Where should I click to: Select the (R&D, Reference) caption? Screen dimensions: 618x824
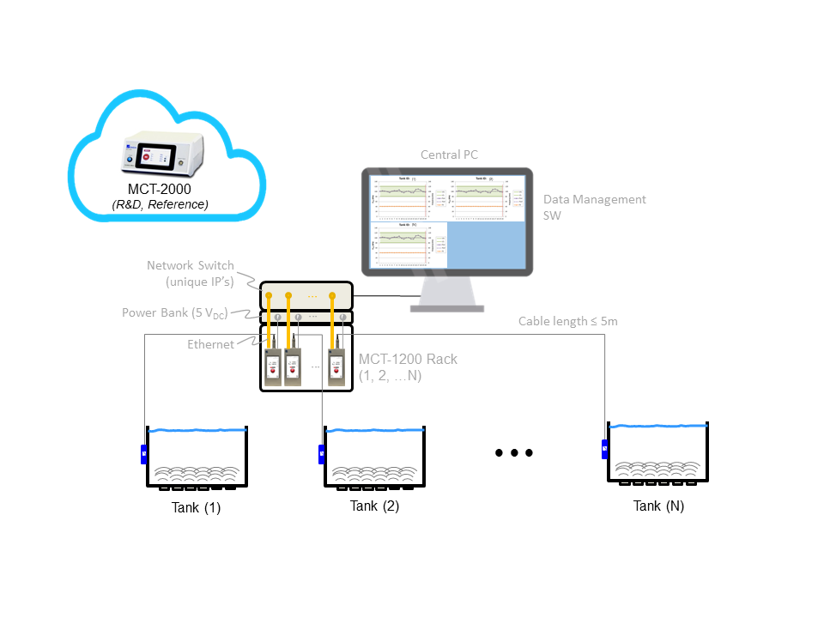(x=161, y=204)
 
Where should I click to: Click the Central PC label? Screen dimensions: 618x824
(x=449, y=154)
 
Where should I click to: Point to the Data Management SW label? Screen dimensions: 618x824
(x=594, y=207)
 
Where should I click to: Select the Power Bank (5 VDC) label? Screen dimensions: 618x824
(x=175, y=313)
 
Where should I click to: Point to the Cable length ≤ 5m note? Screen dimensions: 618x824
(x=567, y=321)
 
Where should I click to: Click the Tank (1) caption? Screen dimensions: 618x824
(x=196, y=507)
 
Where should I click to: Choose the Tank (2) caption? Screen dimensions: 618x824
(x=374, y=506)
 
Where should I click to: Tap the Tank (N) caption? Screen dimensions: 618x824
(x=658, y=506)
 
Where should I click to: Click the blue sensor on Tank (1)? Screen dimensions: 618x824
(x=144, y=454)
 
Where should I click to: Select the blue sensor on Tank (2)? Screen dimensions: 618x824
(x=322, y=454)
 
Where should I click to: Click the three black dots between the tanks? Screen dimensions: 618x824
(x=514, y=453)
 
